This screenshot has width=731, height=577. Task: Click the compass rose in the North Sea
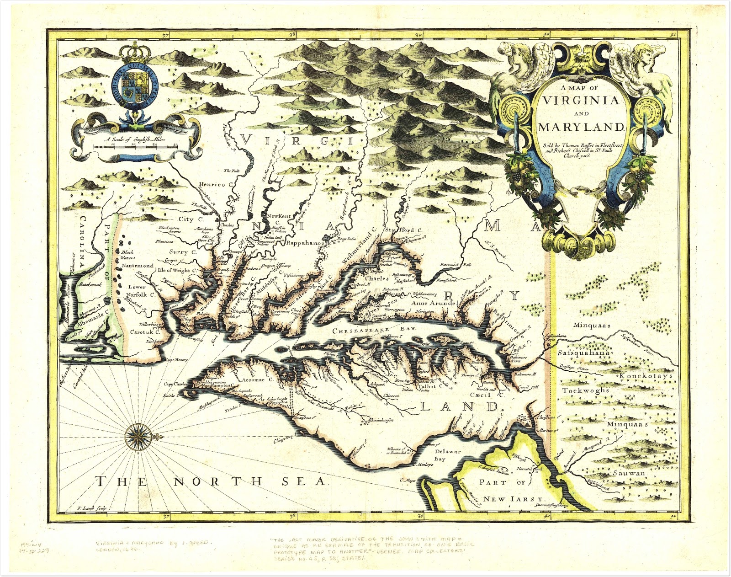coord(136,436)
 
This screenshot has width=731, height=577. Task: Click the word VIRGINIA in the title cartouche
coord(580,101)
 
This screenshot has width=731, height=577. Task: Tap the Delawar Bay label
coord(447,454)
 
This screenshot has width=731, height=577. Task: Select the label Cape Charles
coord(175,384)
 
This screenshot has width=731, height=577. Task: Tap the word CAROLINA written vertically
coord(83,244)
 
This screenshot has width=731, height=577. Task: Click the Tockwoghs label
coord(585,391)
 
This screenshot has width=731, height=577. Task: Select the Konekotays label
coord(646,376)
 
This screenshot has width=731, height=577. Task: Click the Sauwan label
coord(629,473)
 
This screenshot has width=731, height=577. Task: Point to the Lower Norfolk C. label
coord(140,291)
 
